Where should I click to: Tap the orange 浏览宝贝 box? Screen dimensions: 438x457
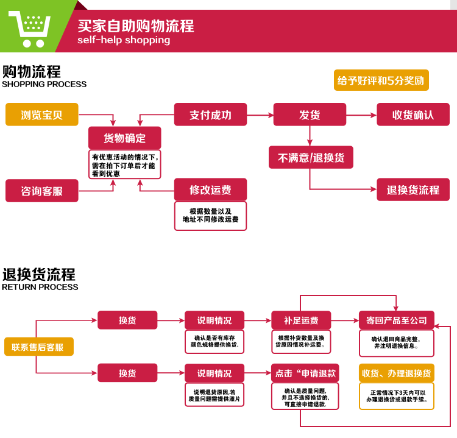tap(42, 115)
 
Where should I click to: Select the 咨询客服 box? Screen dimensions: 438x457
tap(42, 191)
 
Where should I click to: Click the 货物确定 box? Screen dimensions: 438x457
tap(125, 138)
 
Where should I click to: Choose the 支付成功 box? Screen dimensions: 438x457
tap(210, 115)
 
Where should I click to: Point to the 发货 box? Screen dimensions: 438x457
tap(310, 115)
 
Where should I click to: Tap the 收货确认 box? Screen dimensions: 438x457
tap(413, 115)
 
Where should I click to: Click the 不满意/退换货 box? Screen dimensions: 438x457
tap(311, 157)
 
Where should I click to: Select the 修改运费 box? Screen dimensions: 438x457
tap(210, 190)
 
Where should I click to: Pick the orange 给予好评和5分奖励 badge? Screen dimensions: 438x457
tap(381, 80)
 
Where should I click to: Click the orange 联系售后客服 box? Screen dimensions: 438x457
tap(38, 347)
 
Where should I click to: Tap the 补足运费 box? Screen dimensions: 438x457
tap(301, 320)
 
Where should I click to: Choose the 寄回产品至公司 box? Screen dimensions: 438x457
tap(396, 320)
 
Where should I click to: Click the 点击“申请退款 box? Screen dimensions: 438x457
tap(305, 373)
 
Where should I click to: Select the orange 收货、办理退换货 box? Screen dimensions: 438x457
tap(396, 373)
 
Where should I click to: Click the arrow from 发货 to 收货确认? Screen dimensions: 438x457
tap(361, 115)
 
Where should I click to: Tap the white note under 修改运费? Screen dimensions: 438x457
tap(210, 216)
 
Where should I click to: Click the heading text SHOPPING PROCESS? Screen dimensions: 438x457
tap(44, 84)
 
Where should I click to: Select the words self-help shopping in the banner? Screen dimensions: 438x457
tap(124, 40)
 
